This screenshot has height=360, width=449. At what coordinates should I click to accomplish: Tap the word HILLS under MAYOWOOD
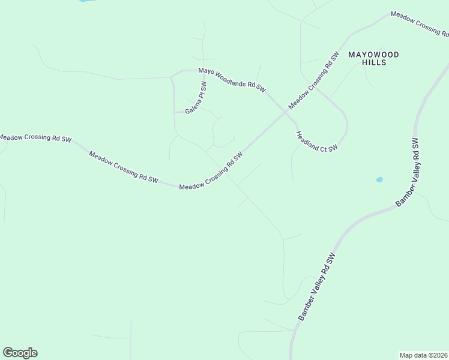373,62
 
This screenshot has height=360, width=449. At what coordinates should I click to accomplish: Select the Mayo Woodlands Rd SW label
232,79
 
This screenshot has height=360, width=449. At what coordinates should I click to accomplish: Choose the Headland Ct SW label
317,141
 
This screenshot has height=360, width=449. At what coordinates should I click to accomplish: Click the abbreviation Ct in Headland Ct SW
325,145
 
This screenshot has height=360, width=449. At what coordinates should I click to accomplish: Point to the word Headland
307,137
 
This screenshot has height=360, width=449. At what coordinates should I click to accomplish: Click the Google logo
20,353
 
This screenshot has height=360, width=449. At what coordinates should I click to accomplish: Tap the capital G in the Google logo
8,353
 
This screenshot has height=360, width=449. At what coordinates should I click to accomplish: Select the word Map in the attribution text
407,355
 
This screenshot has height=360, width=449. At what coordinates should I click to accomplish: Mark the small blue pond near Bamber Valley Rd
379,179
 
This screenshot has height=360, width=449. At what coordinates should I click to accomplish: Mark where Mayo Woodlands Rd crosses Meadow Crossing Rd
285,112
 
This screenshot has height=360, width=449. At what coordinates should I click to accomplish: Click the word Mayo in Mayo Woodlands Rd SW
206,71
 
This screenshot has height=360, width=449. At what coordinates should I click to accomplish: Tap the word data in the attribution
420,355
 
